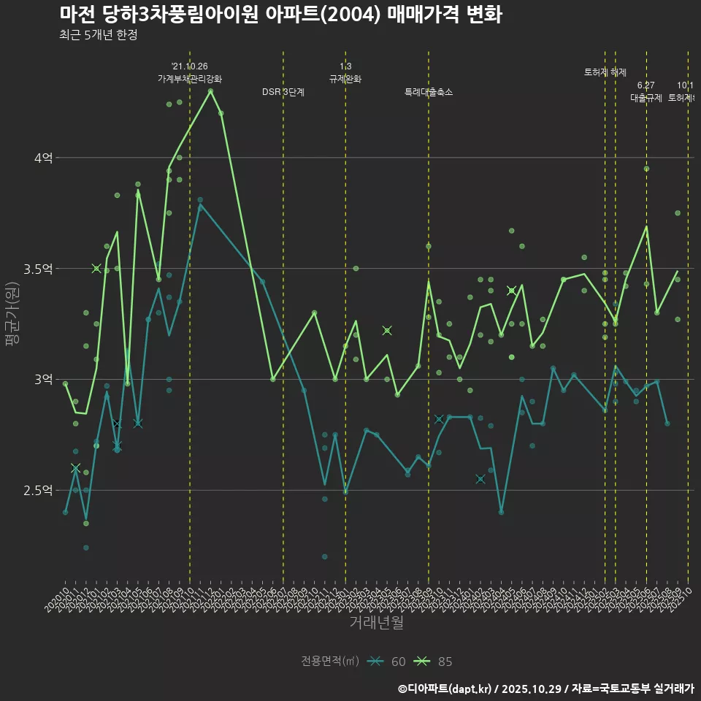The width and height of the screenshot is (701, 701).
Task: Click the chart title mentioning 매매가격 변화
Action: click(x=280, y=15)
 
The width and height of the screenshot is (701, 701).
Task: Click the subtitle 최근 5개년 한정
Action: click(x=98, y=34)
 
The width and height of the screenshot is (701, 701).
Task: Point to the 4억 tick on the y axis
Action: click(x=43, y=158)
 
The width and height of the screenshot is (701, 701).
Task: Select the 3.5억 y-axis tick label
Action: click(x=38, y=269)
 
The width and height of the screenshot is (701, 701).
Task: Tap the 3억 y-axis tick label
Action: click(x=43, y=379)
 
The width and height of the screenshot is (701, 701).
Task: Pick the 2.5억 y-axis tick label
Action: click(x=38, y=490)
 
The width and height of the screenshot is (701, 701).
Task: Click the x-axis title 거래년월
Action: click(x=376, y=623)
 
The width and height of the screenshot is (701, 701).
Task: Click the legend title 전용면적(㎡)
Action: click(x=330, y=662)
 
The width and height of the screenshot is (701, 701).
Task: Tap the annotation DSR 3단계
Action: click(x=283, y=92)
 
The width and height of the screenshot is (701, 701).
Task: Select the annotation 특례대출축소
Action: click(x=429, y=92)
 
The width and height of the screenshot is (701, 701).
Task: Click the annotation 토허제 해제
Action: click(x=605, y=72)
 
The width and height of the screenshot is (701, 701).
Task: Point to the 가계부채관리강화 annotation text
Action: click(x=190, y=79)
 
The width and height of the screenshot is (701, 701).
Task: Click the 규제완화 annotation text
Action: click(x=345, y=79)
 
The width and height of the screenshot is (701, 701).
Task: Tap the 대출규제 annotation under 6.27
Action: click(x=646, y=98)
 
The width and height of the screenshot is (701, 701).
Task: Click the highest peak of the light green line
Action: click(x=210, y=91)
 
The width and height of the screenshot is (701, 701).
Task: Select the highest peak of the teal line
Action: click(x=200, y=204)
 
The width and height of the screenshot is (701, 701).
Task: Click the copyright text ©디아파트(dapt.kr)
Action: click(x=445, y=688)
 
